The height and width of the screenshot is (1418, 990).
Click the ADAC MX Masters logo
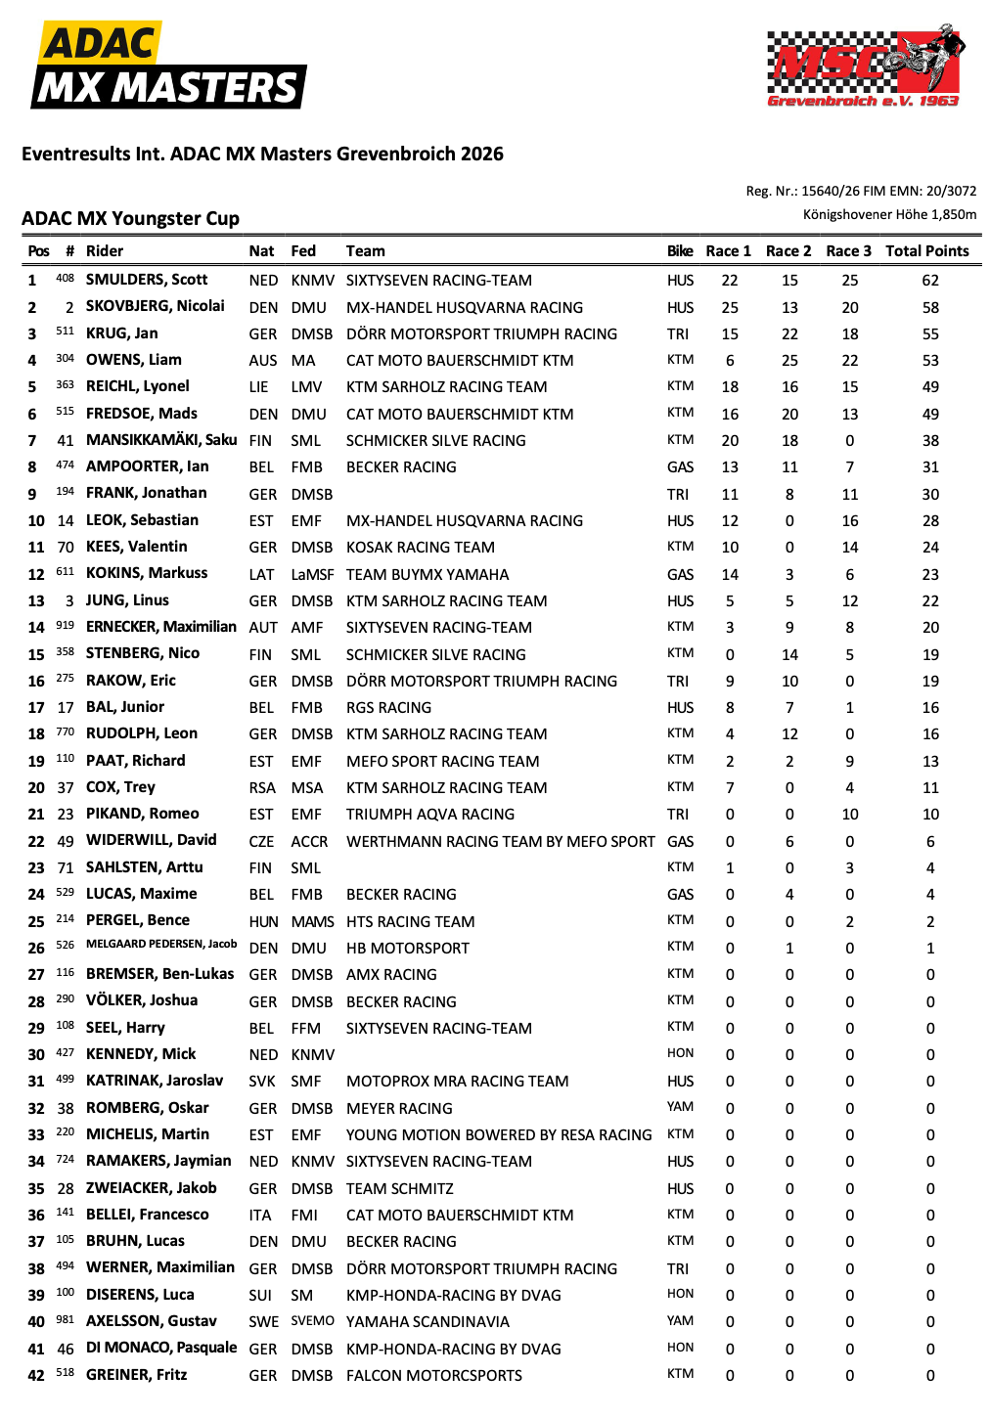(169, 66)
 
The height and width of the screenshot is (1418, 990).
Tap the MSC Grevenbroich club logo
(865, 66)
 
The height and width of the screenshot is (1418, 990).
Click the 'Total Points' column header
(926, 251)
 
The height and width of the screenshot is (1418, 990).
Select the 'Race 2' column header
(788, 251)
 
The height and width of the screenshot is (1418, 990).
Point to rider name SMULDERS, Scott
(147, 280)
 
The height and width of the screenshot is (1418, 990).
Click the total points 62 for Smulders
(930, 281)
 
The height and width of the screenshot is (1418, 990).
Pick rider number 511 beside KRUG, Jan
(65, 332)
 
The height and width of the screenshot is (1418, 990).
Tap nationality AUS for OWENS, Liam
(262, 361)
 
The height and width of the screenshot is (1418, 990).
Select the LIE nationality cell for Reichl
(258, 387)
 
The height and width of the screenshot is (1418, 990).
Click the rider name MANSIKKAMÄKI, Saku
(161, 440)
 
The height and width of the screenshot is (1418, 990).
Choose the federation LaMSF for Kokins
(312, 575)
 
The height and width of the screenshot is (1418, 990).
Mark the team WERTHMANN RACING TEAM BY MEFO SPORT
(500, 842)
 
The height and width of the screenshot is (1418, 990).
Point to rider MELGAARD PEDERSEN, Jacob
(161, 945)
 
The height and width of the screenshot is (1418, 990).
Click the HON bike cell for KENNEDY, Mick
(680, 1053)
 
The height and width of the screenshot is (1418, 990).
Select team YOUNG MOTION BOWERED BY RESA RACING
(499, 1135)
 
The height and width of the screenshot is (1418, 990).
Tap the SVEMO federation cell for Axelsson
(312, 1321)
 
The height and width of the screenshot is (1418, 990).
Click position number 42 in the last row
(36, 1376)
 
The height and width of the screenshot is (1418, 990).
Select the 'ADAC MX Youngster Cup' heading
(130, 219)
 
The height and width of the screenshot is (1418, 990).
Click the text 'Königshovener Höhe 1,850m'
(889, 215)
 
